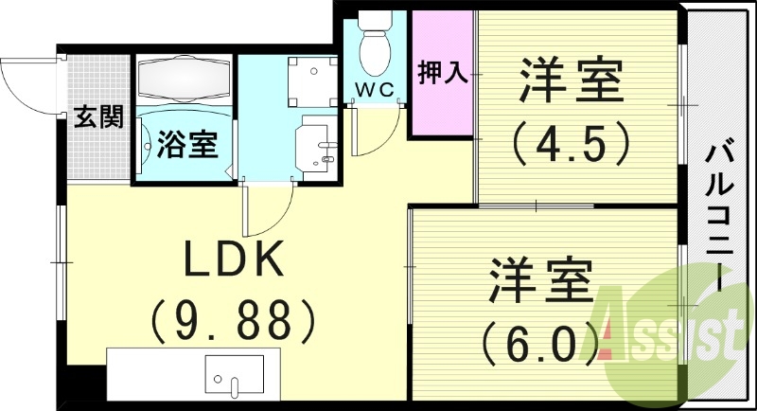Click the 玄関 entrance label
pyautogui.click(x=99, y=117)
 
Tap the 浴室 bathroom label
pyautogui.click(x=187, y=145)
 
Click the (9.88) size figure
pyautogui.click(x=233, y=319)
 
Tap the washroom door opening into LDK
pyautogui.click(x=268, y=210)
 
